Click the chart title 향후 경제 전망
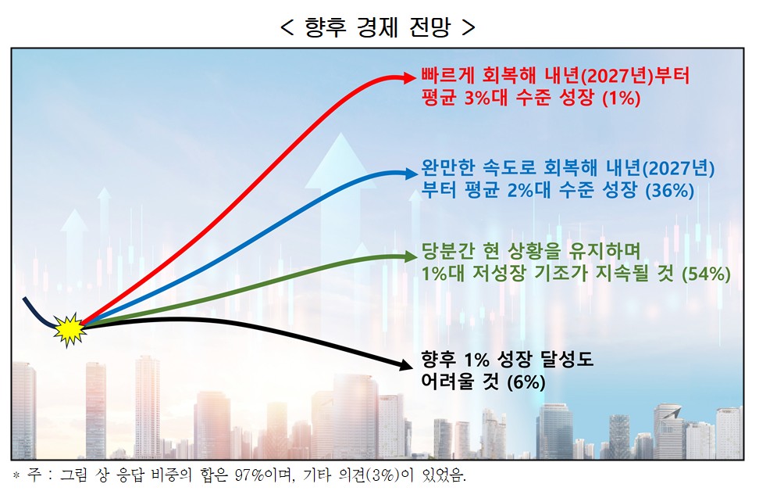pyautogui.click(x=379, y=27)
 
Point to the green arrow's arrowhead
pyautogui.click(x=409, y=256)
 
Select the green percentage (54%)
pyautogui.click(x=706, y=274)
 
